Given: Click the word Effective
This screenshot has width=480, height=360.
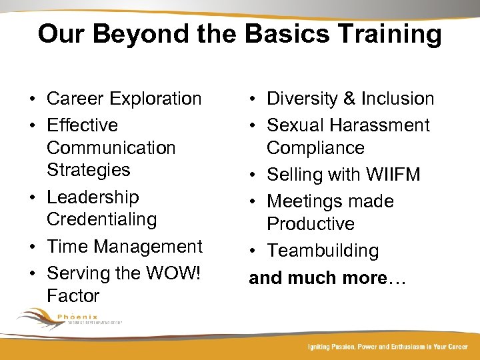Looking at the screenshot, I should point(82,125).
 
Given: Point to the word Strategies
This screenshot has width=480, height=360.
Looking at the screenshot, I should point(88,169).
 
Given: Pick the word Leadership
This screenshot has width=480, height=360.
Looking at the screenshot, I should point(93,197).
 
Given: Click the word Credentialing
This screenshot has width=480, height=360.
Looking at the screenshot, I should point(101,219).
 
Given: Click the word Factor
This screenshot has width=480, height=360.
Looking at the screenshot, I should point(73,295).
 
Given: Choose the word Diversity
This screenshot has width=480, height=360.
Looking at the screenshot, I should point(303,99).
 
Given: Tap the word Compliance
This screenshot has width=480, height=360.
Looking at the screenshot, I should point(315,147).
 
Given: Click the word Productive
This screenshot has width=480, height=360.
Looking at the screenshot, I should point(311,223).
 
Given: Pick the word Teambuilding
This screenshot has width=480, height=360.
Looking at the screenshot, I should point(323,251).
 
